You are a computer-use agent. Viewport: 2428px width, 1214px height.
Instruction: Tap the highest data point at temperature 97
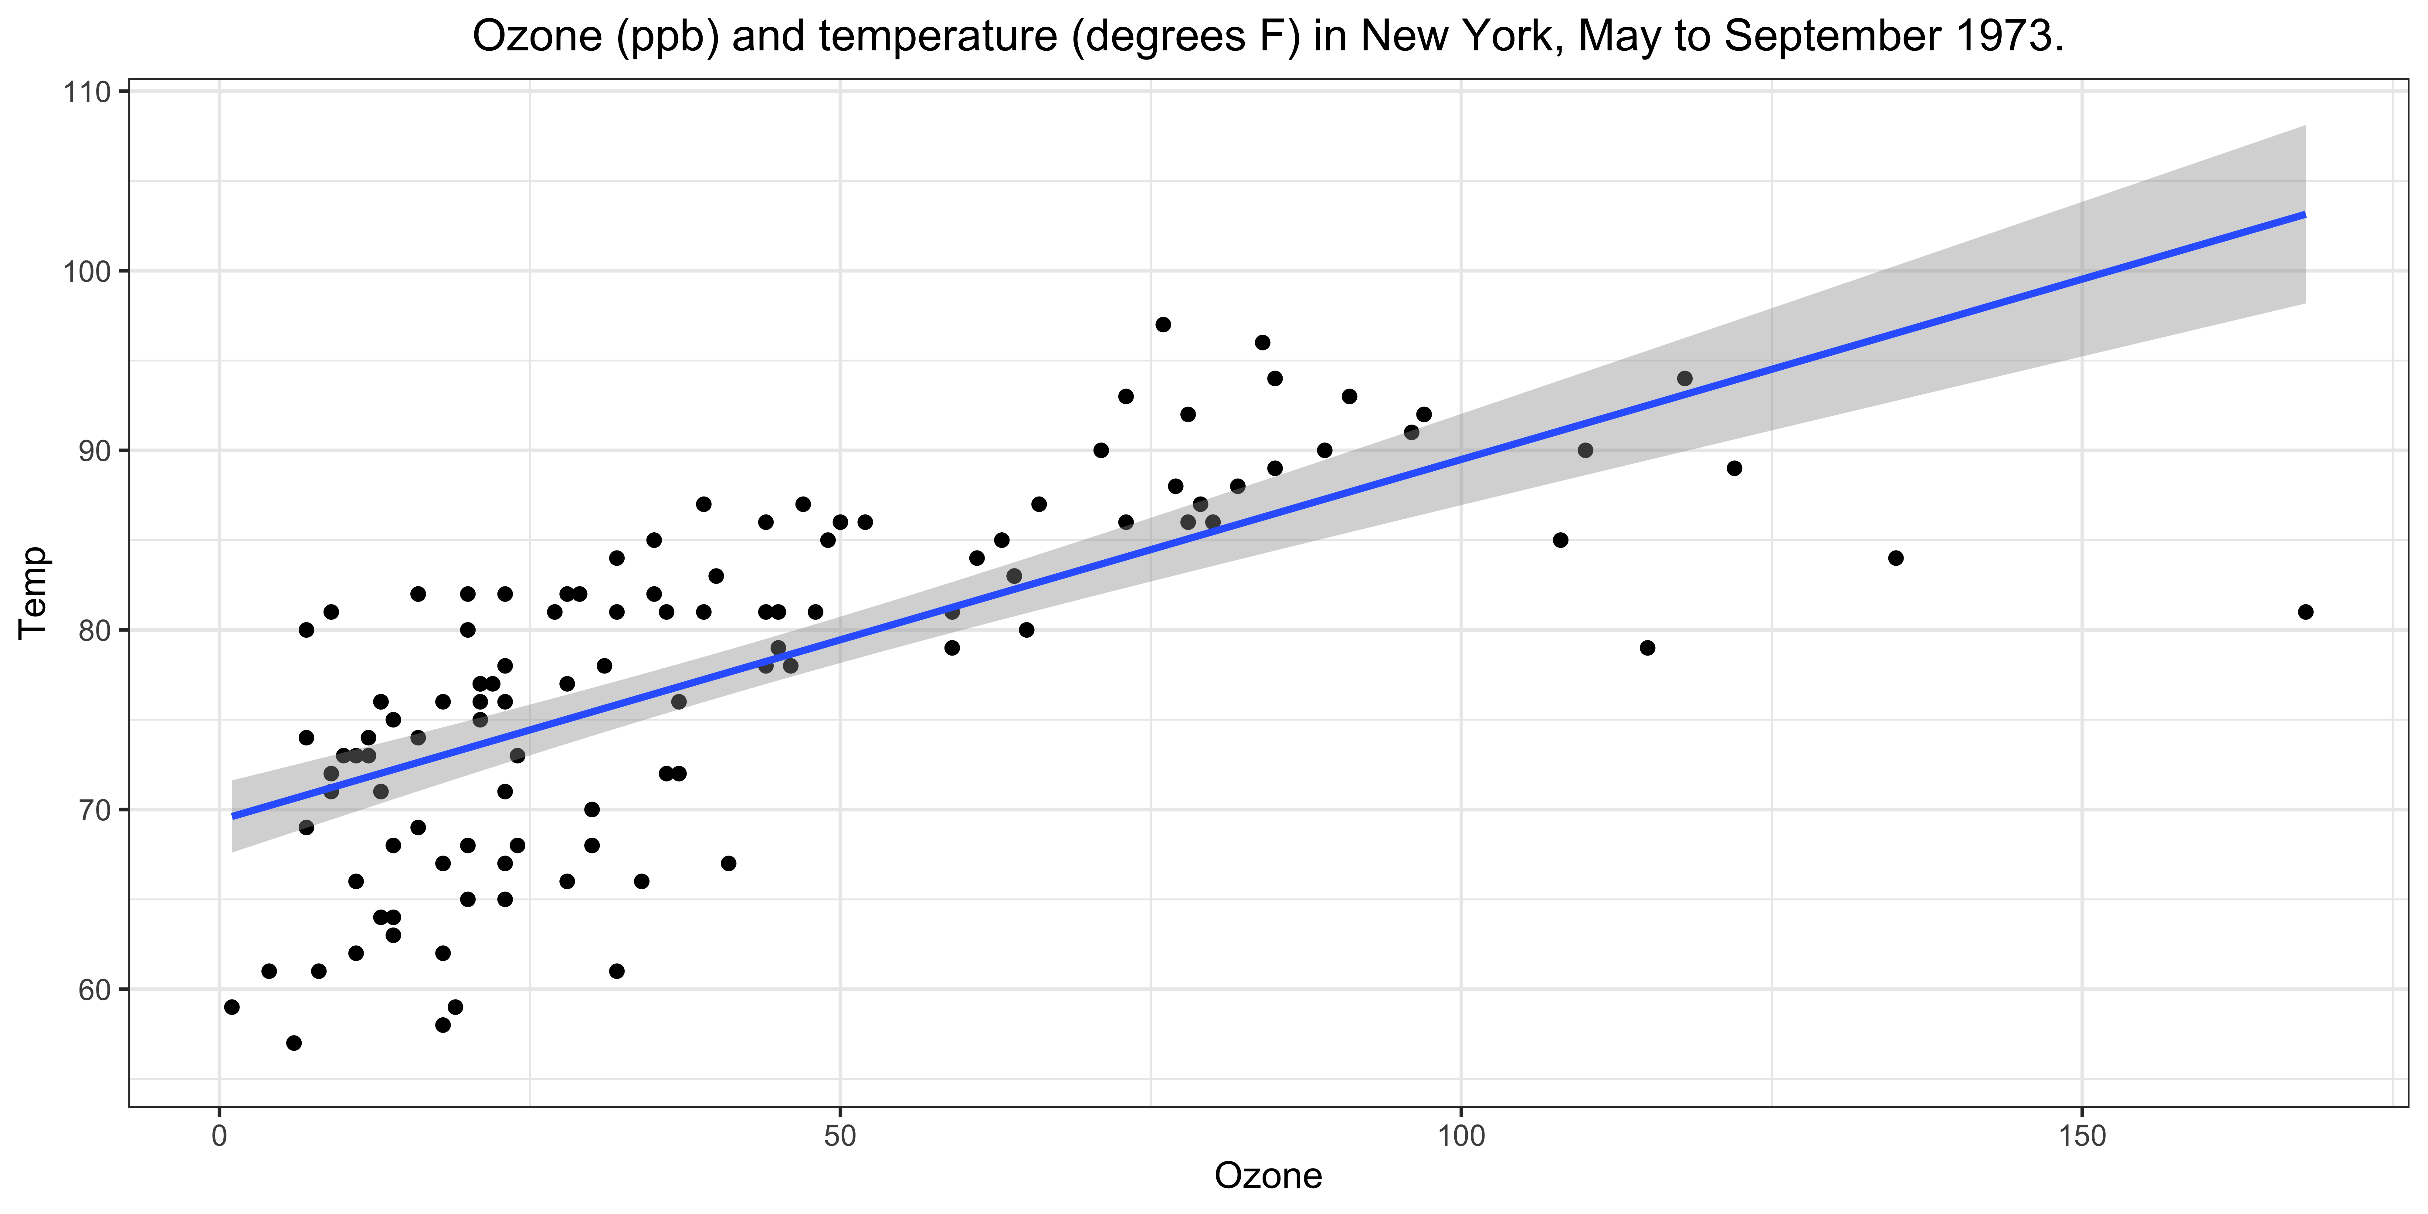pos(1163,324)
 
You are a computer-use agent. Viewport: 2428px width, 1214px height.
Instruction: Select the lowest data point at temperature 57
pos(294,1043)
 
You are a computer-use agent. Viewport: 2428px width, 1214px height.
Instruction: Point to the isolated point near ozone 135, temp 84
pos(1895,558)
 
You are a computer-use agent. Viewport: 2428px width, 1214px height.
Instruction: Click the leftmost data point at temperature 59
pos(232,1007)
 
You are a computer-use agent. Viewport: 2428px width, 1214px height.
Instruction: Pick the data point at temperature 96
pos(1262,342)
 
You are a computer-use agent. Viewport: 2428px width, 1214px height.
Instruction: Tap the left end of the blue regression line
pos(233,815)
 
